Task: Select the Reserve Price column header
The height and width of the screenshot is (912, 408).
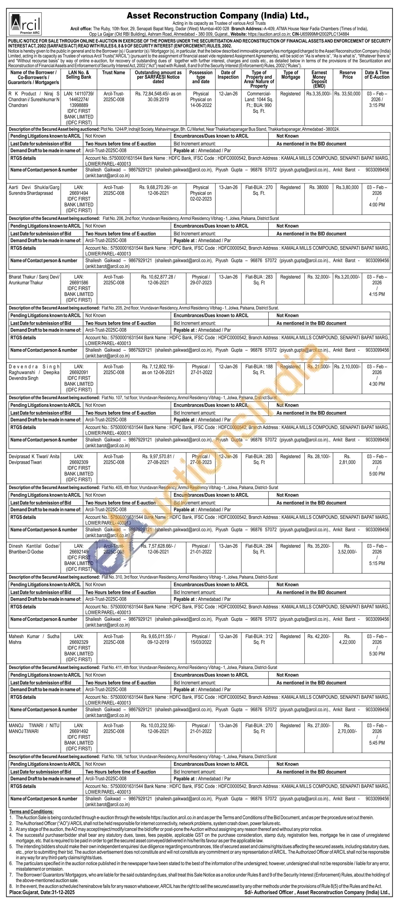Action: pyautogui.click(x=347, y=75)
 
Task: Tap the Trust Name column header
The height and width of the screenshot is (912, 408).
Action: pyautogui.click(x=114, y=73)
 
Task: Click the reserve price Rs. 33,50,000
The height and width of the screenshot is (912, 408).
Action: pyautogui.click(x=347, y=94)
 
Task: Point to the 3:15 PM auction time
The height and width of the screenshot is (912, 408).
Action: pyautogui.click(x=377, y=105)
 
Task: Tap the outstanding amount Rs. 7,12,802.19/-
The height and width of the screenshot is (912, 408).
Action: pyautogui.click(x=158, y=366)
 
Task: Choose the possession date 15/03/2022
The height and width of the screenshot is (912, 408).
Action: pyautogui.click(x=201, y=642)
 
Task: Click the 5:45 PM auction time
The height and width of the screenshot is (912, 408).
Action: pyautogui.click(x=377, y=743)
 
